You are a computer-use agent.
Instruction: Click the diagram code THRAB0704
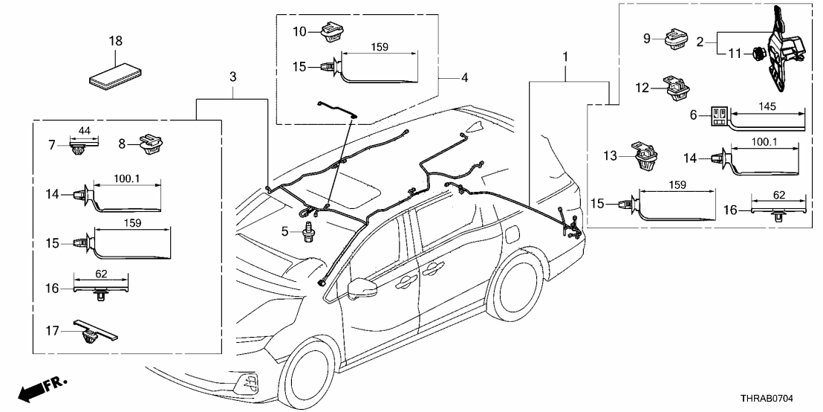point(778,399)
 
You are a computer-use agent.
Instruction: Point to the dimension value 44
point(84,131)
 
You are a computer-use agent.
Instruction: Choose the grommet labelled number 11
point(756,54)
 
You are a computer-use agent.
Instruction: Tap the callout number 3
point(232,77)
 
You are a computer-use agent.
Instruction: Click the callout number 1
point(567,57)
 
